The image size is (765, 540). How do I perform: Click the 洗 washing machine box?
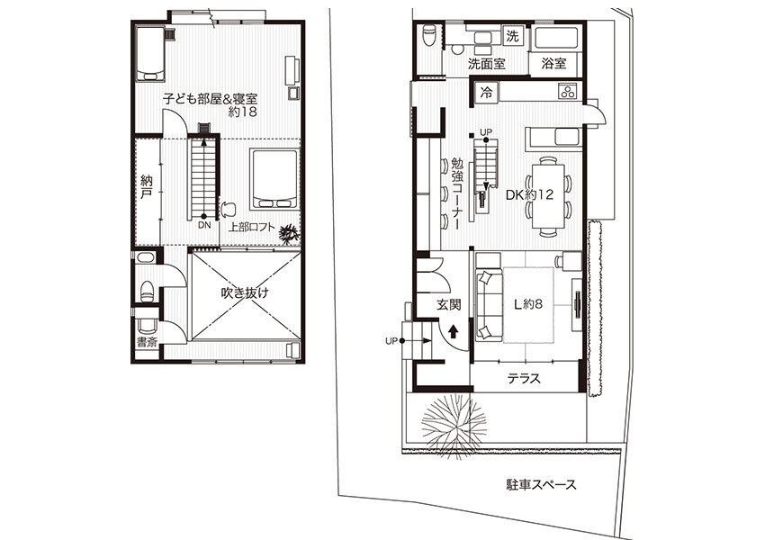coord(513,36)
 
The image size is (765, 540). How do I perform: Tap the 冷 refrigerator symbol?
coord(486,93)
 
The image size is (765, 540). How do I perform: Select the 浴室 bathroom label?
coord(553,63)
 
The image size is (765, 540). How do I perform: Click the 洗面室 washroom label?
coord(486,63)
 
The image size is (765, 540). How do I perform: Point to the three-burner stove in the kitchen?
coord(567,91)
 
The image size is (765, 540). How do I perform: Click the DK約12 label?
coord(529,194)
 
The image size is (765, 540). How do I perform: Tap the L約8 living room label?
coord(528,304)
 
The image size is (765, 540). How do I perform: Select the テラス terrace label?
coord(524,378)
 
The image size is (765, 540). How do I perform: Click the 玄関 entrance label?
coord(448,304)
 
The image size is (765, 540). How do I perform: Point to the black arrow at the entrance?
coord(454,332)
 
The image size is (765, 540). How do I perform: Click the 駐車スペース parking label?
coord(541,484)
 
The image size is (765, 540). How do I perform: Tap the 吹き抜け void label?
coord(245,292)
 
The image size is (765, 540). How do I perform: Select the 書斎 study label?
coord(147,342)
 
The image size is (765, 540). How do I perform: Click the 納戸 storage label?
coord(146,187)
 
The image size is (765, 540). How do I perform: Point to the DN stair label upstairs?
coord(204,226)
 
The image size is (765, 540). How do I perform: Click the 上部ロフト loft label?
coord(252,228)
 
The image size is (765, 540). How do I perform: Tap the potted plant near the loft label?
coord(289,234)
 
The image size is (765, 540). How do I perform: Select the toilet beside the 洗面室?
coord(428,35)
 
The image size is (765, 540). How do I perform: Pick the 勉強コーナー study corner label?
coord(456,194)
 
